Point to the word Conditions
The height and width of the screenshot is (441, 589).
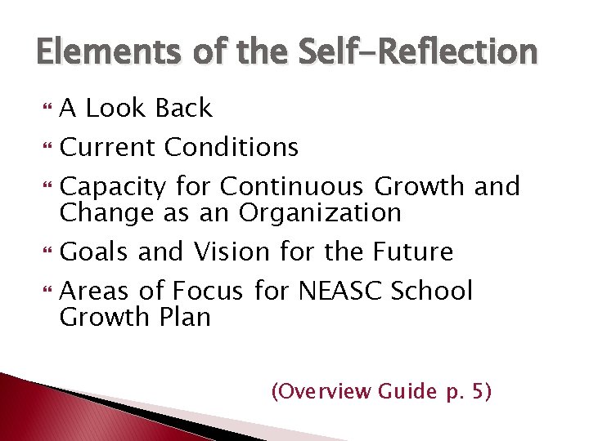pyautogui.click(x=232, y=148)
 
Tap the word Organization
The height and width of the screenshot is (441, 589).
pyautogui.click(x=320, y=213)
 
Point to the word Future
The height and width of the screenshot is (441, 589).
pyautogui.click(x=414, y=252)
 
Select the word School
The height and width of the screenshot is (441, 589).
pyautogui.click(x=434, y=291)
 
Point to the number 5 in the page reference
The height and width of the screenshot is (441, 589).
pyautogui.click(x=478, y=392)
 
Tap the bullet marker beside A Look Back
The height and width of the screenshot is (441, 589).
pyautogui.click(x=45, y=109)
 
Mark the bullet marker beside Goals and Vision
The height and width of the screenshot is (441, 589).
pyautogui.click(x=45, y=253)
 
